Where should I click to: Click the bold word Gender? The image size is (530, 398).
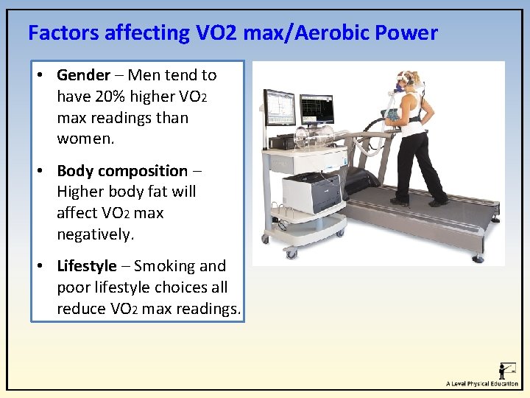83,75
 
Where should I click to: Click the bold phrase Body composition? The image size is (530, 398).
122,171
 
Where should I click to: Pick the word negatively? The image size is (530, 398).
94,234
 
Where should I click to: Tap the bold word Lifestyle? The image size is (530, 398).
87,266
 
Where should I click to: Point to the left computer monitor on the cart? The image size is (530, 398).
280,108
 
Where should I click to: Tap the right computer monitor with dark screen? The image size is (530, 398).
316,109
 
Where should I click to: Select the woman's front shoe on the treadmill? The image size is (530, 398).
400,201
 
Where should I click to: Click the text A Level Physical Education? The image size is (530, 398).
481,384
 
